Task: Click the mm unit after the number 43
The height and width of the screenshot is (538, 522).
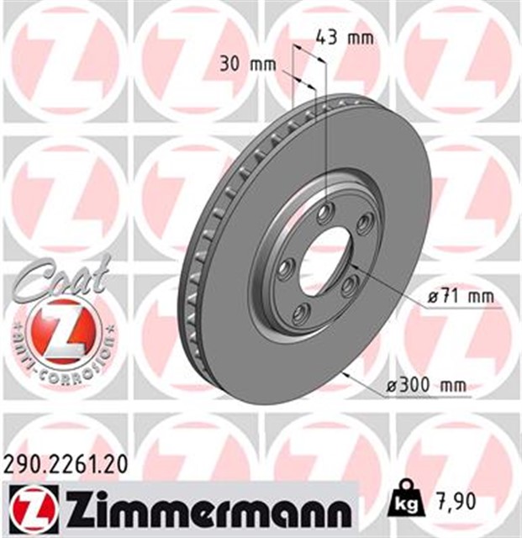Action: click(x=359, y=37)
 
